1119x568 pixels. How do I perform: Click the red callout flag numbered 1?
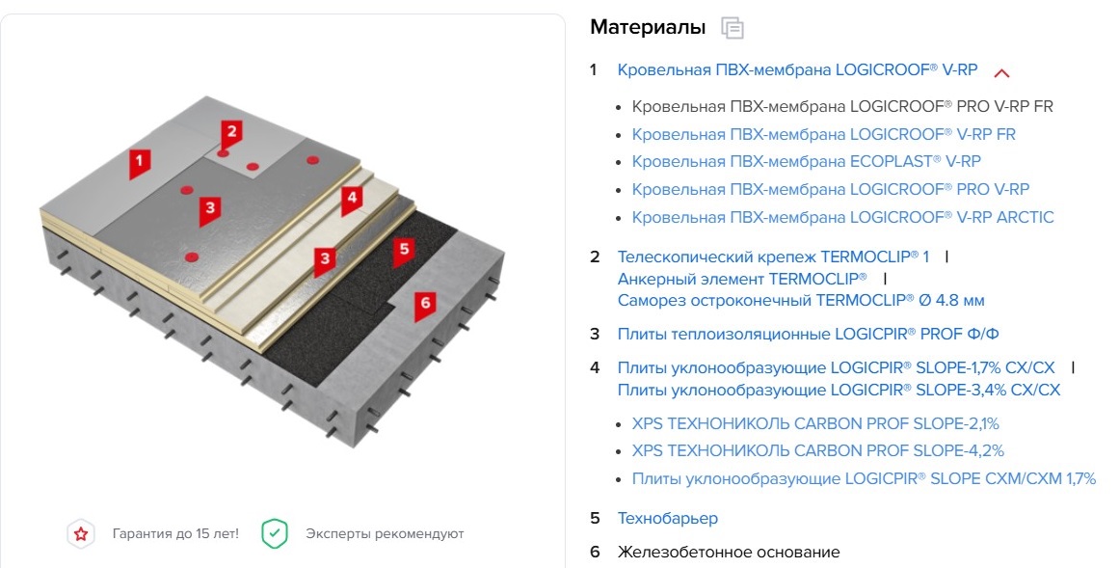coord(140,161)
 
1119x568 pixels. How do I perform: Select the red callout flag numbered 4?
coord(351,198)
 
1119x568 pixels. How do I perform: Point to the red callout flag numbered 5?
coord(404,250)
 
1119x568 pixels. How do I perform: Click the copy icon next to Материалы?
coord(733,28)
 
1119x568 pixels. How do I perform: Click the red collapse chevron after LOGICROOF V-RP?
coord(1001,72)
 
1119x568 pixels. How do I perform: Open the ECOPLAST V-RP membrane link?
coord(806,161)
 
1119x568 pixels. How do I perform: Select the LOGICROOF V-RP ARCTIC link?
coord(842,217)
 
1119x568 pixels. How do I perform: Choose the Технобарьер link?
coord(667,518)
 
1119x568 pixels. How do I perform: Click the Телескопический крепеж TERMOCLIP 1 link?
coord(773,257)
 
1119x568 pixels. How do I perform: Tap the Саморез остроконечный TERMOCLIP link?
coord(800,300)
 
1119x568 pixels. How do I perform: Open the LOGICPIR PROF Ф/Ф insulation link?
coord(808,334)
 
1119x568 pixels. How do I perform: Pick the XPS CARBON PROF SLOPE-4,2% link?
coord(817,450)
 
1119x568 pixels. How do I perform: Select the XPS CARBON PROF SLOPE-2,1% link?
coord(815,422)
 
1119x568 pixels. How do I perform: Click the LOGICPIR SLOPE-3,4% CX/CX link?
coord(838,390)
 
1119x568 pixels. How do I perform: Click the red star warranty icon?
coord(81,533)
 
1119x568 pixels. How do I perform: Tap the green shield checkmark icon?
coord(275,533)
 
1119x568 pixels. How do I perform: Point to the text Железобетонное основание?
coord(728,552)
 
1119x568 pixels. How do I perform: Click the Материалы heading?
coord(648,27)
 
